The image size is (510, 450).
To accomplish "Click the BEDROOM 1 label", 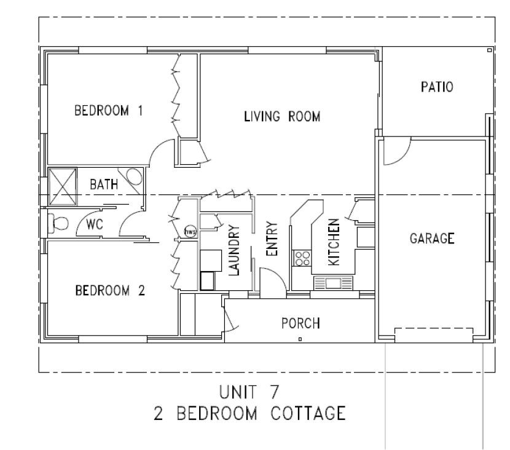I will point(108,111).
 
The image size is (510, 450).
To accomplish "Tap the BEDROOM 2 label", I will point(109,290).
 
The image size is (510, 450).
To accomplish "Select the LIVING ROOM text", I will point(282,116).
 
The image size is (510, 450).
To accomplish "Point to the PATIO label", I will point(437,87).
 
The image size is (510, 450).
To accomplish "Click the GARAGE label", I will point(432,238).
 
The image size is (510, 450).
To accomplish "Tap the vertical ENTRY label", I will point(272,239).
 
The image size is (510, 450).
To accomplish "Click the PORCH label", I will point(300,323).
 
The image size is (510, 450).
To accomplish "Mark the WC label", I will point(93,224).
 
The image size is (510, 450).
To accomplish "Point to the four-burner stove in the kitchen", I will point(302,258).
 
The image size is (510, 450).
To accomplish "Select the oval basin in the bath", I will point(134,178).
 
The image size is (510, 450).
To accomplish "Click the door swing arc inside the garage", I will point(393,154).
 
